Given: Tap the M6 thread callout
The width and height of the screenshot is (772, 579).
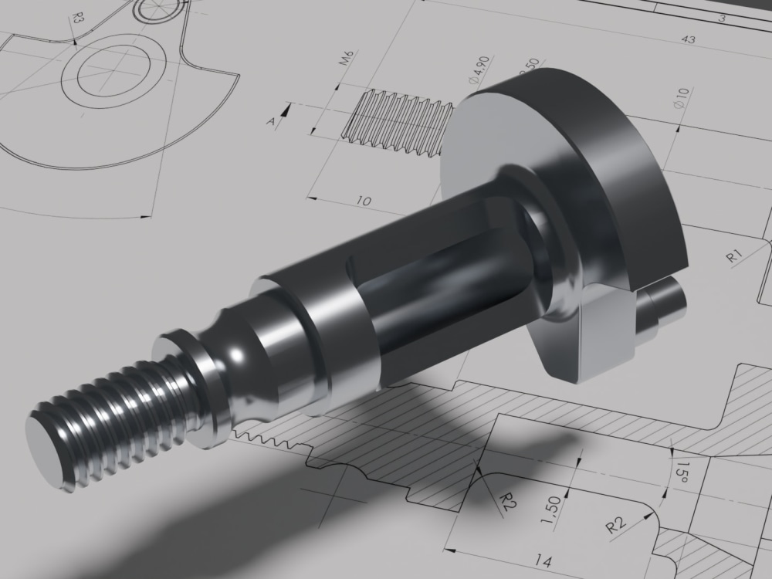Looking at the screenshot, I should pyautogui.click(x=347, y=59).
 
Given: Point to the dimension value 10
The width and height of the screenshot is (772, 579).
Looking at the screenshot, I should pyautogui.click(x=364, y=201).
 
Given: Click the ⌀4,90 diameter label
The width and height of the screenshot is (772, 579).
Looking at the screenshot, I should pyautogui.click(x=476, y=69).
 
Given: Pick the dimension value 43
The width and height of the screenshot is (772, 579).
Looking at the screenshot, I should pyautogui.click(x=689, y=39).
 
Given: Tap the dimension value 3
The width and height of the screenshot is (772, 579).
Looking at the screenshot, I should pyautogui.click(x=722, y=17).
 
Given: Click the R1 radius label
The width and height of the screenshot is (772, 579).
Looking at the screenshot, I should pyautogui.click(x=734, y=256).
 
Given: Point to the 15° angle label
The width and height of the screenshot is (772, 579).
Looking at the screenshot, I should pyautogui.click(x=681, y=471).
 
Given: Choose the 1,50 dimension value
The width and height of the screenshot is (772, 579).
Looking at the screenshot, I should pyautogui.click(x=552, y=513).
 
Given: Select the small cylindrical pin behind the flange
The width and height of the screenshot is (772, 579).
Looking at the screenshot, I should pyautogui.click(x=665, y=303).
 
